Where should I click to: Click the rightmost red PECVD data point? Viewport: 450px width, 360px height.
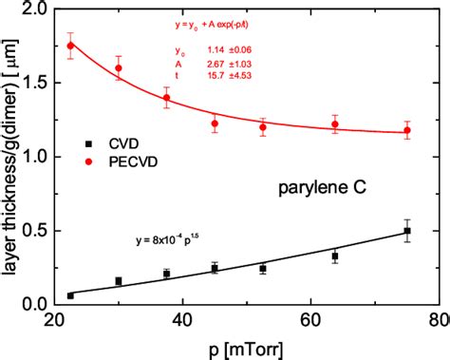(x=408, y=131)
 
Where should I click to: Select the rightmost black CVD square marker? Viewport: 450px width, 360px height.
(x=408, y=231)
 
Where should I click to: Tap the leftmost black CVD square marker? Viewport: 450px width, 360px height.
(x=70, y=295)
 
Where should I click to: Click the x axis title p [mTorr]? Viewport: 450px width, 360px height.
(x=245, y=347)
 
